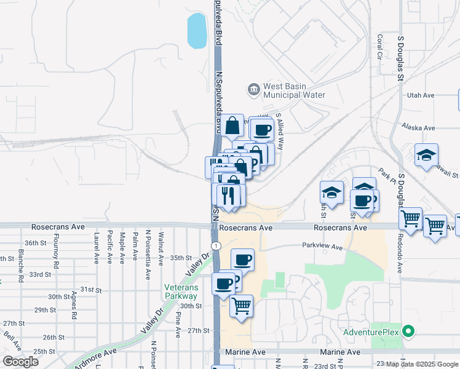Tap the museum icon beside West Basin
pos(253,90)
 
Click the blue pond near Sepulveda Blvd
pos(197,31)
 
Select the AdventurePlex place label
pos(371,332)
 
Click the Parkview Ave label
pos(322,247)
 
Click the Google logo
pos(20,362)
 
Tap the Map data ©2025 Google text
pos(422,364)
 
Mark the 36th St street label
pos(36,243)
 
